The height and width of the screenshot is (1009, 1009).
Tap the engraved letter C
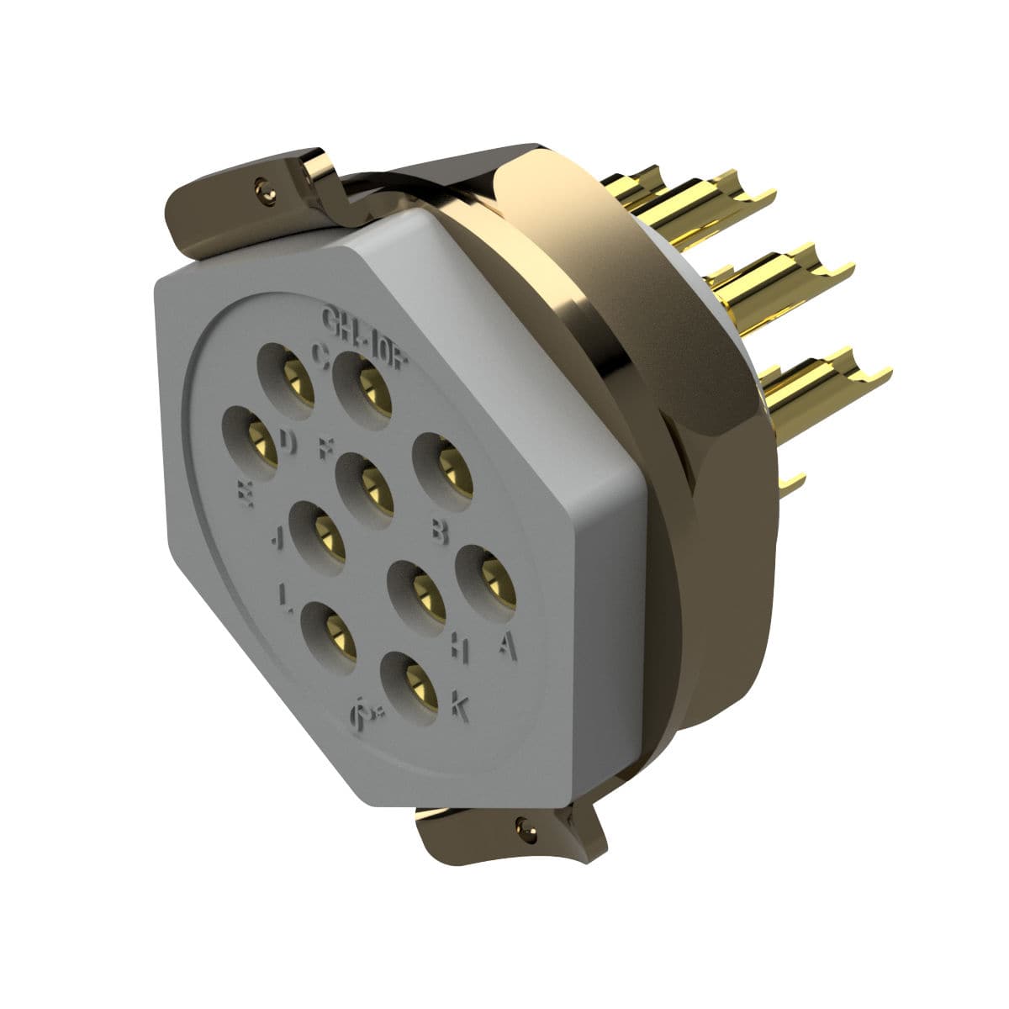(x=320, y=354)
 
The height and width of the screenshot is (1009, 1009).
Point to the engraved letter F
(x=324, y=447)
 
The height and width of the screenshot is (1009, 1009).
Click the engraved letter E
(x=246, y=494)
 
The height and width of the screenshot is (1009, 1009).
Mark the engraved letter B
(x=439, y=530)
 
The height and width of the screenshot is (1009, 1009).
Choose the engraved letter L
(x=286, y=597)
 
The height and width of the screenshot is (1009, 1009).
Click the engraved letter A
(x=505, y=644)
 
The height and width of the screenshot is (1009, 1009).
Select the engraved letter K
(x=459, y=706)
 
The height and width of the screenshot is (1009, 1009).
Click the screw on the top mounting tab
(x=267, y=190)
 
